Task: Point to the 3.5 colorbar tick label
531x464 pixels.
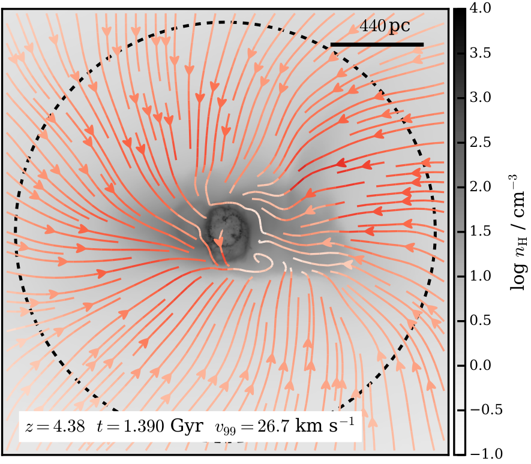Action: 480,53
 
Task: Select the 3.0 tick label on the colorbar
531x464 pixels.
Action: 480,98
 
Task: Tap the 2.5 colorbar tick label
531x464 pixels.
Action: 480,142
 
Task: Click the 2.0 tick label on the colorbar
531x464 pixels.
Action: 480,186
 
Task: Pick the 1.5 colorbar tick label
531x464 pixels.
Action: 480,231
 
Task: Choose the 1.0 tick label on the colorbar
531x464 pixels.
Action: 480,276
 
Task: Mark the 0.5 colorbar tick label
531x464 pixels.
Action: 480,320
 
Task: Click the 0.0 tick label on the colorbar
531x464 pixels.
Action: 480,365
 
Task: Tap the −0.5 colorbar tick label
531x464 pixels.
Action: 486,410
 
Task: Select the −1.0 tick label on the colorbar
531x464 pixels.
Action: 486,454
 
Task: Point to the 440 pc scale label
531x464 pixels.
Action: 385,26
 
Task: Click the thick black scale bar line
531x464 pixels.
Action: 377,44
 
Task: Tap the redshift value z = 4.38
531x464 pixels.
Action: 55,426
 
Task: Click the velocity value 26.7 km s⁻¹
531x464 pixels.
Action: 305,425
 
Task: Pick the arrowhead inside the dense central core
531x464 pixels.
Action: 219,242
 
